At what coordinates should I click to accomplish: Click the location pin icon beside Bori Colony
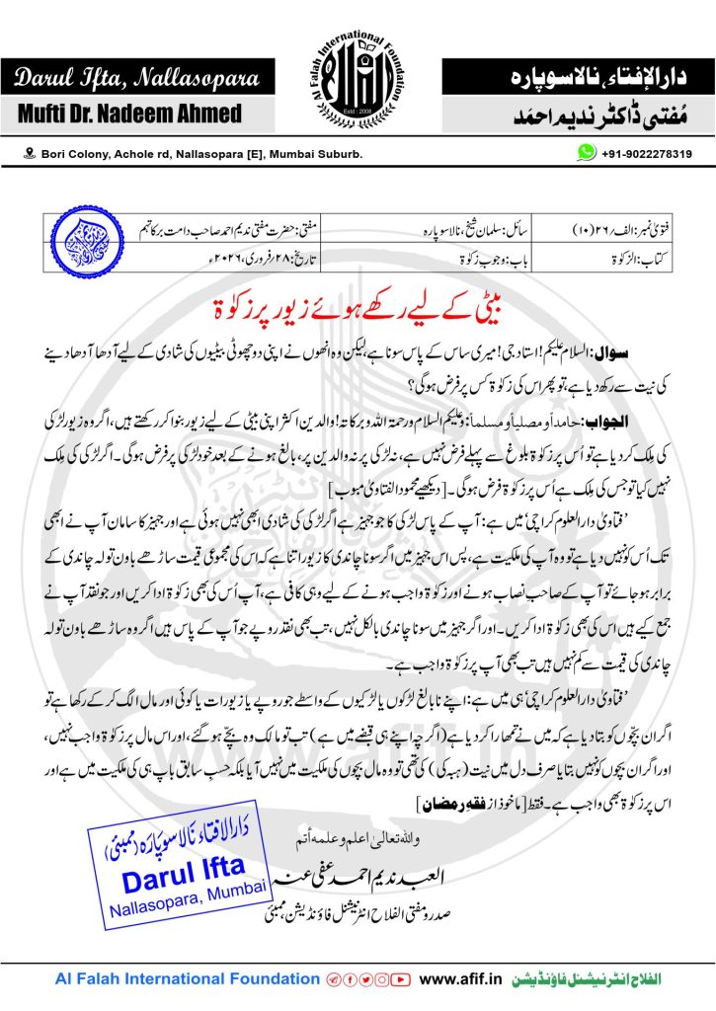coord(30,155)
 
